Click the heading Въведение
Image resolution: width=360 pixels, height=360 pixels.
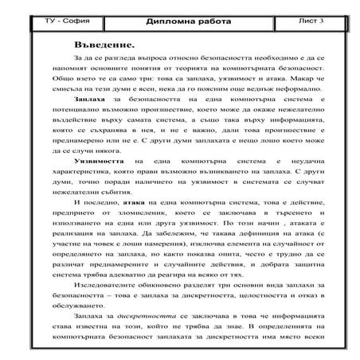[x=108, y=39]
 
